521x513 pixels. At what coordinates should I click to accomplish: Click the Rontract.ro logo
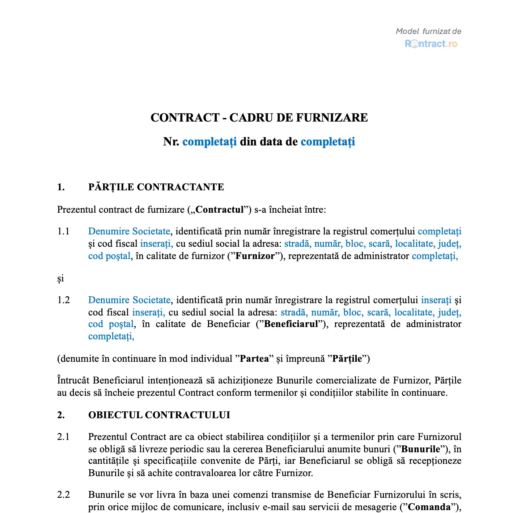click(431, 44)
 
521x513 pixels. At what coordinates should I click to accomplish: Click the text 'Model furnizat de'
click(428, 31)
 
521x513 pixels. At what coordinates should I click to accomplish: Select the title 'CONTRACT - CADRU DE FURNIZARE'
click(259, 118)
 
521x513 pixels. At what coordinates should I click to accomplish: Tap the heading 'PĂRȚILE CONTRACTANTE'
click(156, 187)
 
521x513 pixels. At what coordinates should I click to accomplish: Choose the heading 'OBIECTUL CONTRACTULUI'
click(159, 415)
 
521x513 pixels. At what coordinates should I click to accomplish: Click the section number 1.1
click(63, 231)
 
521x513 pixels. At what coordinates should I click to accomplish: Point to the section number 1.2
click(63, 300)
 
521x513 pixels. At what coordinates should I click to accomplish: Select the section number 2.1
click(63, 437)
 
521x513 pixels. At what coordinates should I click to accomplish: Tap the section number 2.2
click(63, 495)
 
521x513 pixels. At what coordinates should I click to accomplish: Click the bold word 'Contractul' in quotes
click(220, 209)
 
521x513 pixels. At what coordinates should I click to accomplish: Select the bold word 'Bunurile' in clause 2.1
click(421, 449)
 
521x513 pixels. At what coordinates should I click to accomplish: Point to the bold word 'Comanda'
click(429, 507)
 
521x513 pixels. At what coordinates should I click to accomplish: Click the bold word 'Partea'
click(255, 359)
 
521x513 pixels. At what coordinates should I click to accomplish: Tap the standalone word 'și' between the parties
click(60, 279)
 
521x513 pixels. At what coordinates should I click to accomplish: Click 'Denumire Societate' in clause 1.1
click(129, 231)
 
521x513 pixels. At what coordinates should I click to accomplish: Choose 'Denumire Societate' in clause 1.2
click(129, 300)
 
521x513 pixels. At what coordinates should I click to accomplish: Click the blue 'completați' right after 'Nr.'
click(209, 141)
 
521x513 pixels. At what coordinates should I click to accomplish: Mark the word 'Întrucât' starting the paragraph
click(73, 380)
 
